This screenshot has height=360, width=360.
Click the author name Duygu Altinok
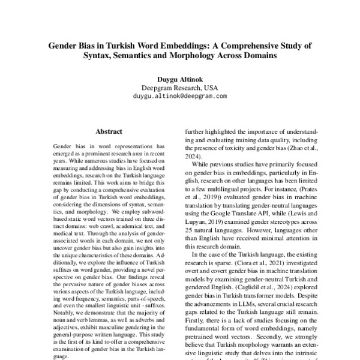(180, 78)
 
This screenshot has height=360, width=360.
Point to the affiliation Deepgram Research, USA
(180, 87)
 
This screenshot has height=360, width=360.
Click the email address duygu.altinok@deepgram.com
(180, 95)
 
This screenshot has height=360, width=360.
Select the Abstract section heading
(109, 131)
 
